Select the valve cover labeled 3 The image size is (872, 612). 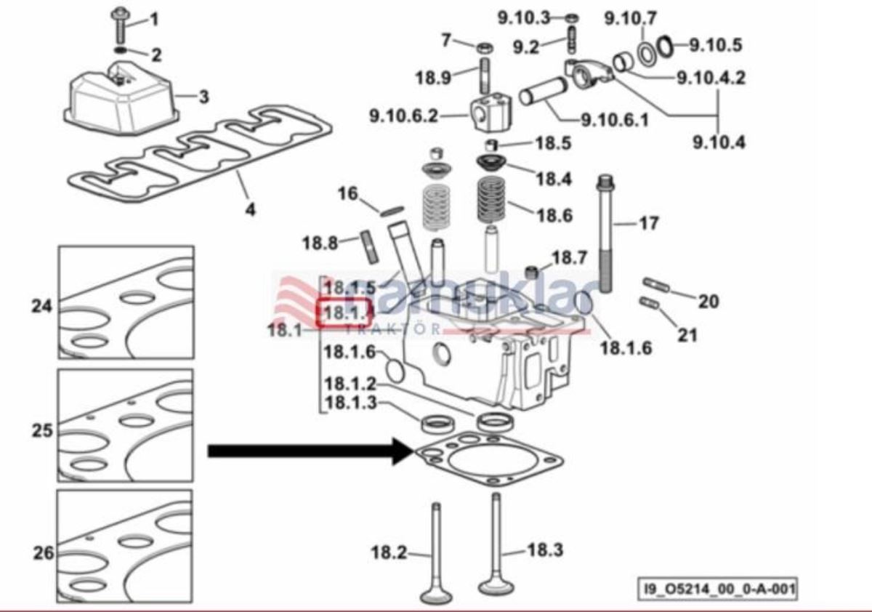[120, 98]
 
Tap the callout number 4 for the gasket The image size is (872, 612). [250, 210]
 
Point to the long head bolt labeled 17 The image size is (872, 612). [605, 233]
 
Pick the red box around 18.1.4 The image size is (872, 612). [346, 313]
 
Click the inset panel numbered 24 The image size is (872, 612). [126, 302]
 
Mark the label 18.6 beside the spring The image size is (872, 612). [554, 215]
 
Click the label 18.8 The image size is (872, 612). [320, 243]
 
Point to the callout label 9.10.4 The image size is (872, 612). [718, 142]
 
